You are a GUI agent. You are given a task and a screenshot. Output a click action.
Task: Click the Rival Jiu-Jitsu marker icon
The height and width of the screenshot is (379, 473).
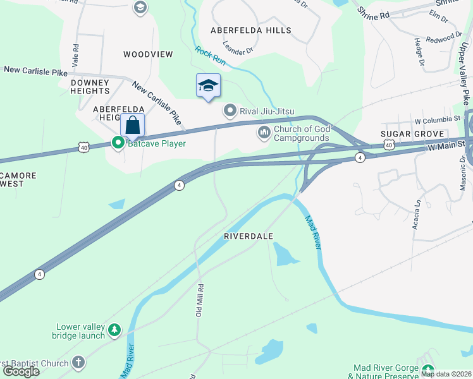pyautogui.click(x=230, y=111)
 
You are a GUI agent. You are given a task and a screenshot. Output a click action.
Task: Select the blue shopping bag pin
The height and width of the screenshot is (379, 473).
pyautogui.click(x=132, y=125)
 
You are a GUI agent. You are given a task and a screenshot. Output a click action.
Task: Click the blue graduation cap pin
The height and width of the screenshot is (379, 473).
pyautogui.click(x=207, y=87)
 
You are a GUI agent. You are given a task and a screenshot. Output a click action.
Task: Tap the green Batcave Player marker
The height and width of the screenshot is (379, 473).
pyautogui.click(x=117, y=143)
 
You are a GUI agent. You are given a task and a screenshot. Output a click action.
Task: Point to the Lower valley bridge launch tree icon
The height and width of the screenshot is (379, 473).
pyautogui.click(x=114, y=330)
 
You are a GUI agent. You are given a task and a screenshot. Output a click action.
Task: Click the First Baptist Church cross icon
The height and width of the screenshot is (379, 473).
pyautogui.click(x=78, y=363)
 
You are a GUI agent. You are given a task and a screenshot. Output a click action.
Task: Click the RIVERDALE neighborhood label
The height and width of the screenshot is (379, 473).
pyautogui.click(x=249, y=236)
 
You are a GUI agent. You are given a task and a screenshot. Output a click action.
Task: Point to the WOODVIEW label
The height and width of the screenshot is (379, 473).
pyautogui.click(x=148, y=54)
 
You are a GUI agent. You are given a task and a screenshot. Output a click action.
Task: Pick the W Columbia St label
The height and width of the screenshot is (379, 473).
pyautogui.click(x=437, y=119)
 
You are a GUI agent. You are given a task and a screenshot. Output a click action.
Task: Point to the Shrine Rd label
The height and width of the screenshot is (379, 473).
pyautogui.click(x=373, y=13)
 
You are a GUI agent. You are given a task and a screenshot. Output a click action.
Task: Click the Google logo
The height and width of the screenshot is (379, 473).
pyautogui.click(x=21, y=371)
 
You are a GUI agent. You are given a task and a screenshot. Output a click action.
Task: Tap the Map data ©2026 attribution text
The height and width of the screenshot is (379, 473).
pyautogui.click(x=446, y=374)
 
